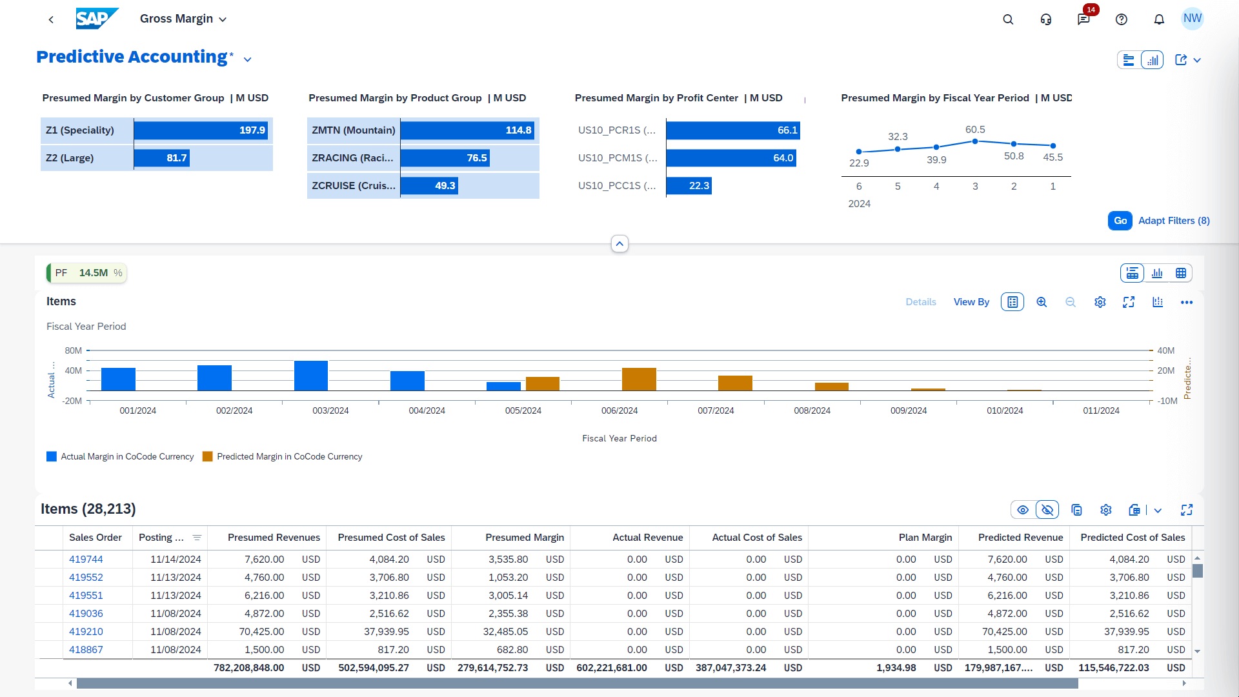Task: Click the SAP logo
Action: (97, 19)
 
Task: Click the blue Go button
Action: (1120, 221)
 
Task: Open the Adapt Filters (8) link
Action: (1173, 221)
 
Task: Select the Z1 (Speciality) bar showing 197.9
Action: (202, 130)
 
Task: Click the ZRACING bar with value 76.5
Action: (445, 158)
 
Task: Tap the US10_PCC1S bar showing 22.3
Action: (689, 186)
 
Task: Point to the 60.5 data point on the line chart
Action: (974, 141)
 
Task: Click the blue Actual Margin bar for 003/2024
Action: (310, 376)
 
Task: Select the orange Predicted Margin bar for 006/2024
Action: (638, 379)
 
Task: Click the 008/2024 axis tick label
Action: (812, 410)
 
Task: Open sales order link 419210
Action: (86, 632)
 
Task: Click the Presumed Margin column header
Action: (524, 538)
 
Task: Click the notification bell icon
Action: (1159, 19)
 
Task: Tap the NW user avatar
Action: (1192, 19)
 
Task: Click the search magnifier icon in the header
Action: (1008, 19)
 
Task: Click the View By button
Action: (971, 302)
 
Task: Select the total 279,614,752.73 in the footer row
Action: (492, 668)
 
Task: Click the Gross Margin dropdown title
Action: (183, 19)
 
